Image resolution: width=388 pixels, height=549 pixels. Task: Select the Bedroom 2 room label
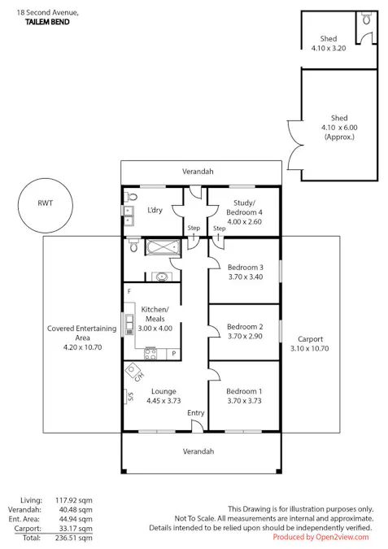(245, 330)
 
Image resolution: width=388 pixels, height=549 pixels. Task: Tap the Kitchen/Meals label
(155, 314)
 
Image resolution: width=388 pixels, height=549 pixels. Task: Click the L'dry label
(155, 210)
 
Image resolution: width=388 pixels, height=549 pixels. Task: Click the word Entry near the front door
(196, 413)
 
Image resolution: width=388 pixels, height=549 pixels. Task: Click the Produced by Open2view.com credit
(320, 537)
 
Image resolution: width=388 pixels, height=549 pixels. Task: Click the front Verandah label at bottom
(198, 451)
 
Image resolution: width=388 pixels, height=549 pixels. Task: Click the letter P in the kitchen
(173, 353)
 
